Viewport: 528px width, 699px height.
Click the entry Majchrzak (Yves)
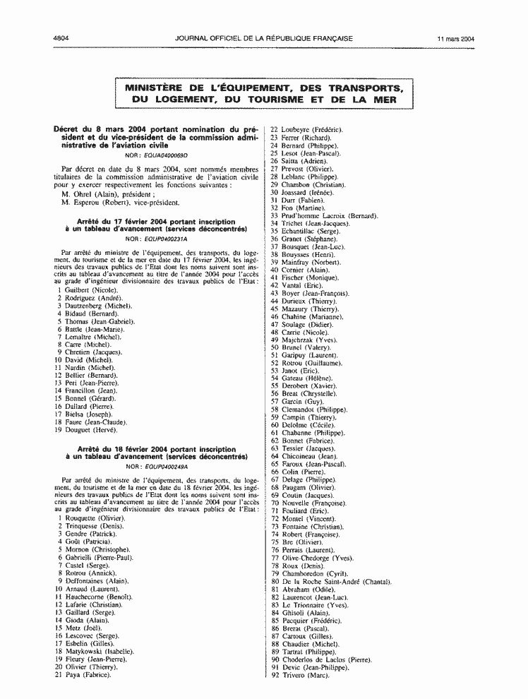coord(309,340)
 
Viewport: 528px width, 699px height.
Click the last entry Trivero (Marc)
coord(305,676)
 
